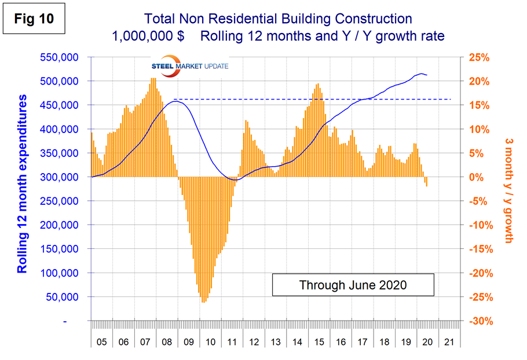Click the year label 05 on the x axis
[x=101, y=342]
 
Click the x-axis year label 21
[x=449, y=342]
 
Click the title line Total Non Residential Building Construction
[x=271, y=19]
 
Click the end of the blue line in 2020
[x=427, y=75]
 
